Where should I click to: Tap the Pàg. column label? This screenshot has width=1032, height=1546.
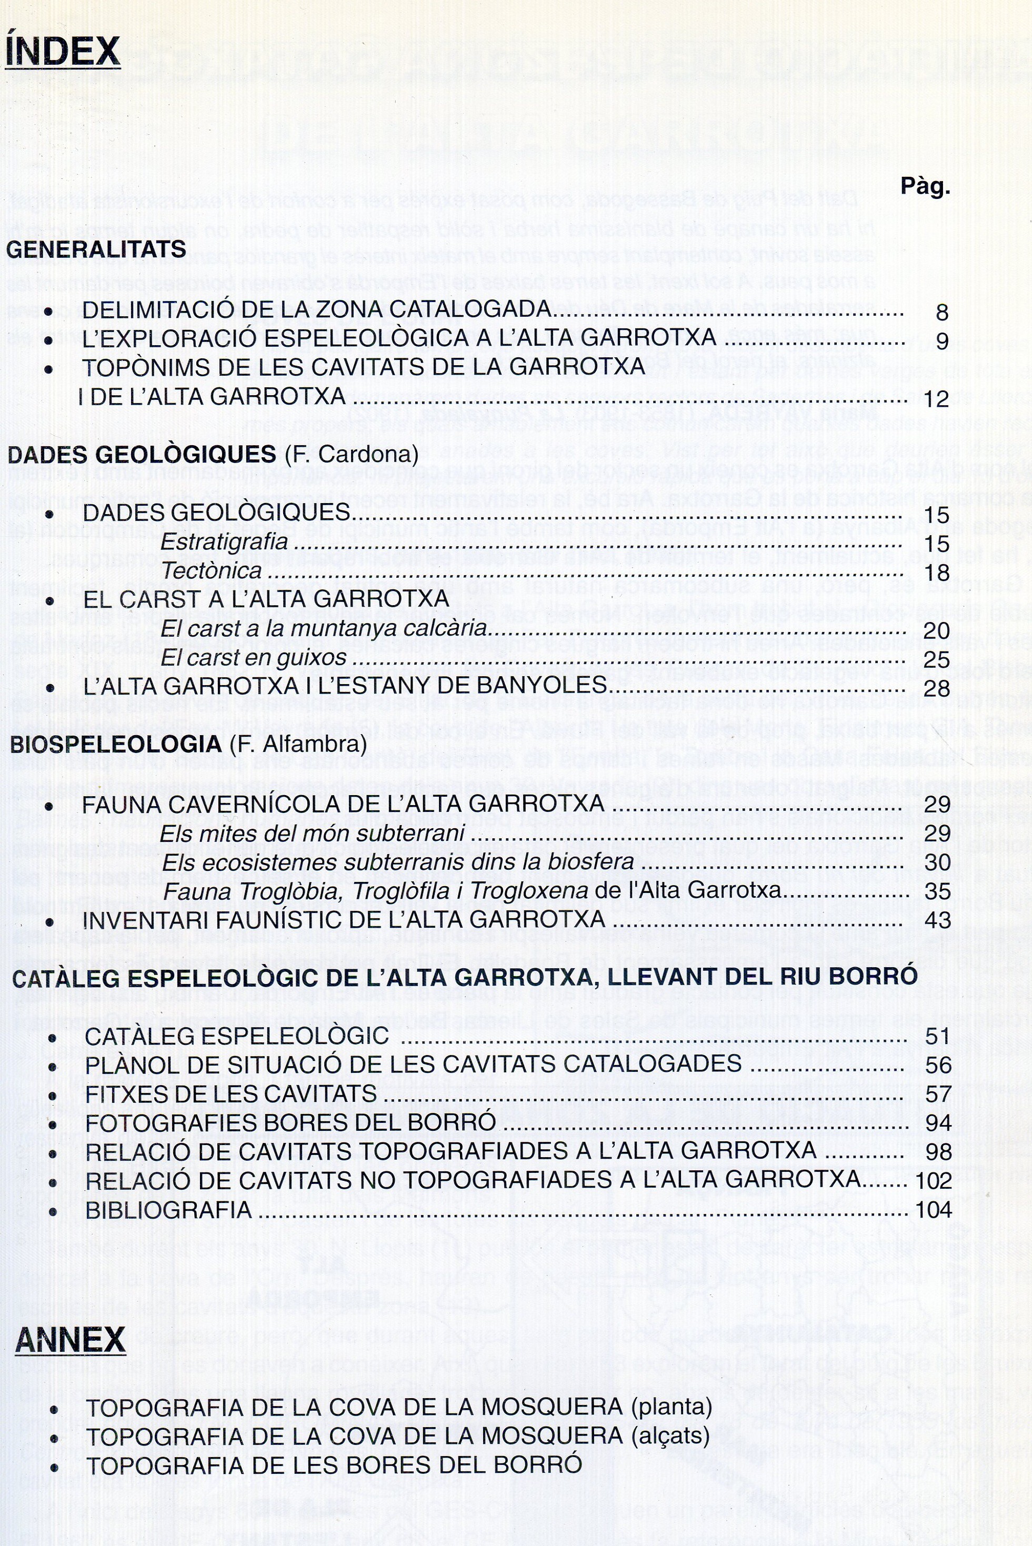click(x=925, y=187)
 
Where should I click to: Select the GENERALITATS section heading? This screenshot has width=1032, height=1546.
click(x=96, y=249)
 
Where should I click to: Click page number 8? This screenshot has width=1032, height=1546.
click(x=942, y=312)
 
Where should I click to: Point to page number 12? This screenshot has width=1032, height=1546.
click(x=936, y=399)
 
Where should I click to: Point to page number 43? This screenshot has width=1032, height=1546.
click(x=937, y=919)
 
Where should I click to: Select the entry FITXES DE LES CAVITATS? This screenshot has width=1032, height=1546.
click(x=231, y=1094)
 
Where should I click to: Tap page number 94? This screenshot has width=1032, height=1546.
click(x=938, y=1123)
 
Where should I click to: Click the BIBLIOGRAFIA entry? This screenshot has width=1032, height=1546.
click(x=168, y=1210)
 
